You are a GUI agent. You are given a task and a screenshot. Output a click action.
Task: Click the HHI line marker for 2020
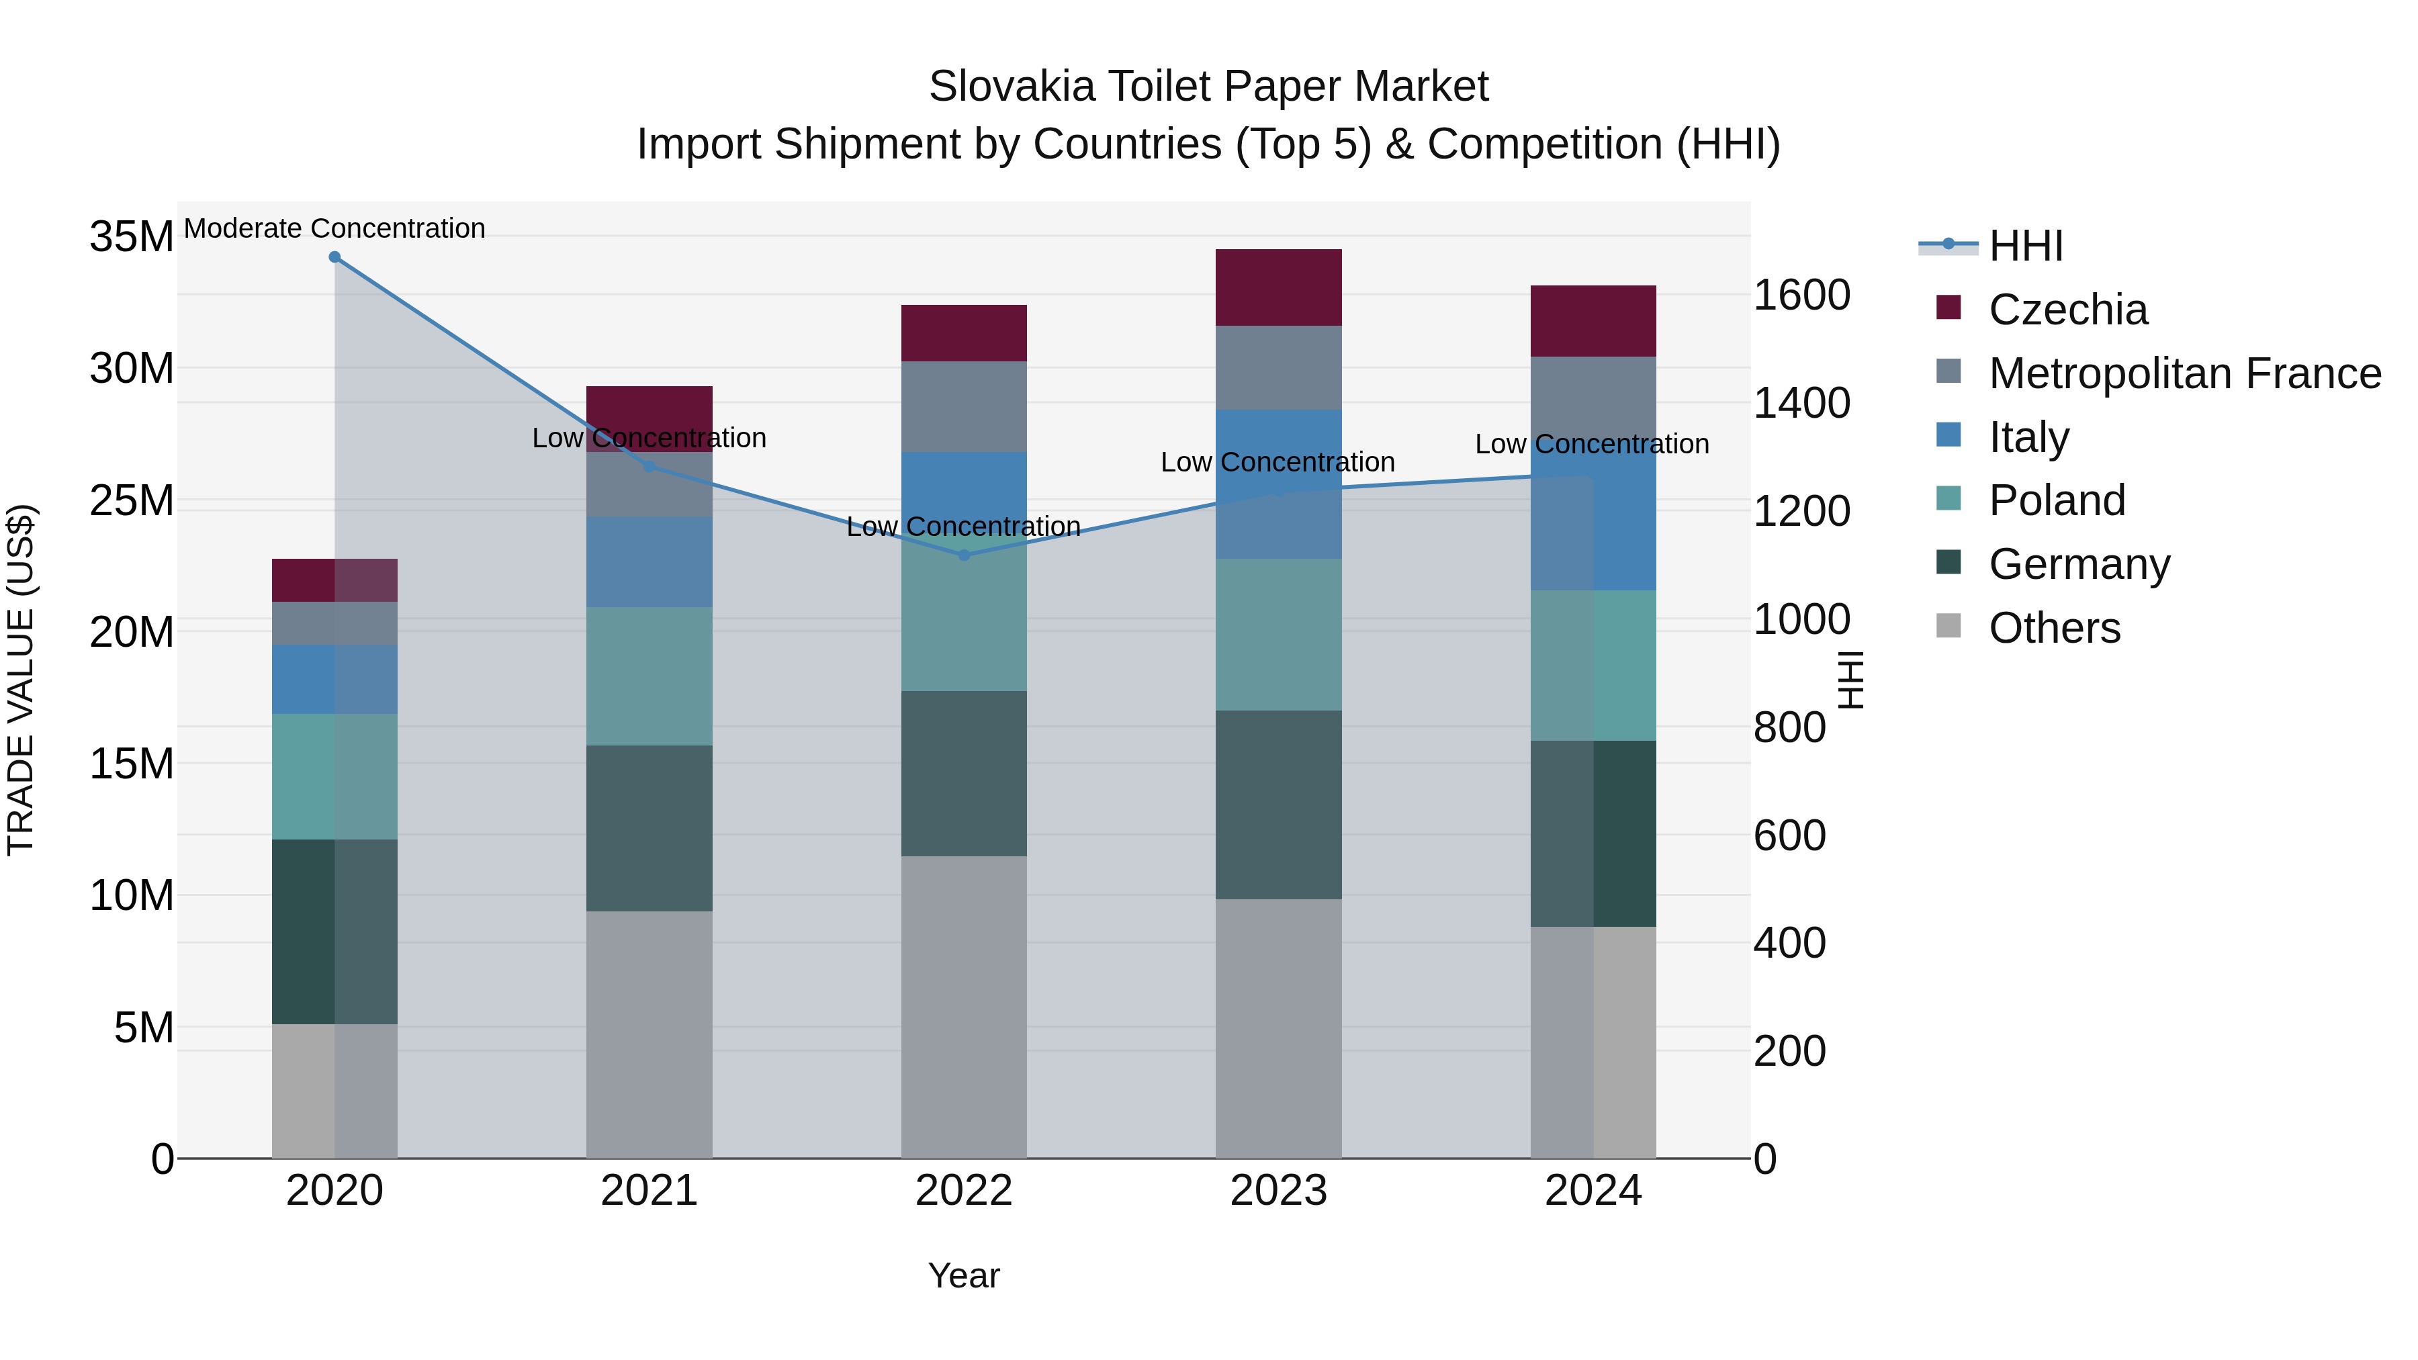pyautogui.click(x=334, y=257)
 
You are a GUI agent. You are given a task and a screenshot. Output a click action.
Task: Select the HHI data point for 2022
pyautogui.click(x=963, y=555)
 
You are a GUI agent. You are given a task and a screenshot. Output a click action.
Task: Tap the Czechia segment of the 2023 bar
pyautogui.click(x=1278, y=287)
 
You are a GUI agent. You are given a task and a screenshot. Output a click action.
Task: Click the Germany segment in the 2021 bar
pyautogui.click(x=649, y=828)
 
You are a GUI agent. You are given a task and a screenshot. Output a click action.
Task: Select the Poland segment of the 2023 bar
pyautogui.click(x=1278, y=635)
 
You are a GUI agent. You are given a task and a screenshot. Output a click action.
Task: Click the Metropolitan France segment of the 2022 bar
pyautogui.click(x=963, y=406)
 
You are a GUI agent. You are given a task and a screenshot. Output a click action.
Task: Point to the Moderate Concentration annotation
pyautogui.click(x=334, y=228)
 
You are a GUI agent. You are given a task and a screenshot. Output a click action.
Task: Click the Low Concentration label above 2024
pyautogui.click(x=1591, y=444)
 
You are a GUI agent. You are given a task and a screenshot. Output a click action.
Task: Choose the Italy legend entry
pyautogui.click(x=2028, y=437)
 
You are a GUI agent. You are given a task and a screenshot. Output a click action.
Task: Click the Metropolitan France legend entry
pyautogui.click(x=2184, y=373)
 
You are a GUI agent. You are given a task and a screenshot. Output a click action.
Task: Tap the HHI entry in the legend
pyautogui.click(x=2024, y=246)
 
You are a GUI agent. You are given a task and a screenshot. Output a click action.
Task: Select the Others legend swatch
pyautogui.click(x=1949, y=626)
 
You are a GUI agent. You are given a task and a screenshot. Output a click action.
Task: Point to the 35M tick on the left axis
pyautogui.click(x=132, y=236)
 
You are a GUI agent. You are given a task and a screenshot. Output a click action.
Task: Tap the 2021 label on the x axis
pyautogui.click(x=649, y=1191)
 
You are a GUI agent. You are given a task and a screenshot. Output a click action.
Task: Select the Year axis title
pyautogui.click(x=963, y=1275)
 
